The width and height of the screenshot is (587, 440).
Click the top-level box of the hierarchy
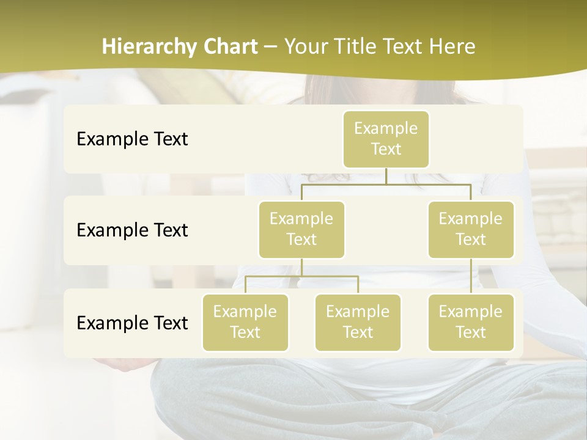click(386, 139)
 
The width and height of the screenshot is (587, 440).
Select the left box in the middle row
click(301, 229)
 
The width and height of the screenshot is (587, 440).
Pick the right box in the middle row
click(471, 229)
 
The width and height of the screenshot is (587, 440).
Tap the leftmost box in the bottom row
click(245, 322)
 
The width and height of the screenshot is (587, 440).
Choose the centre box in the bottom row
click(358, 322)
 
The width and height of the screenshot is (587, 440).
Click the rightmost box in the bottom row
click(471, 322)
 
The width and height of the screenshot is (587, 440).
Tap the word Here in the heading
click(453, 47)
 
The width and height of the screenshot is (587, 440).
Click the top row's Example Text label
click(132, 139)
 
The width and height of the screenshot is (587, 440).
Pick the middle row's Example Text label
click(132, 230)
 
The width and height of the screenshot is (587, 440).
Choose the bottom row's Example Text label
click(132, 323)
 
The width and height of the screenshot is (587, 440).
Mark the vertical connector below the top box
click(386, 176)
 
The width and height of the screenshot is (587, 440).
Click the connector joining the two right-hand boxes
click(471, 276)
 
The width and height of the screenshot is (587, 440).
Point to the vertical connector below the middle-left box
click(301, 267)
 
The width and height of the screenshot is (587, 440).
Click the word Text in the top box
click(386, 149)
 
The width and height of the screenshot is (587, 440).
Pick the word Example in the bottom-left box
click(245, 312)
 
